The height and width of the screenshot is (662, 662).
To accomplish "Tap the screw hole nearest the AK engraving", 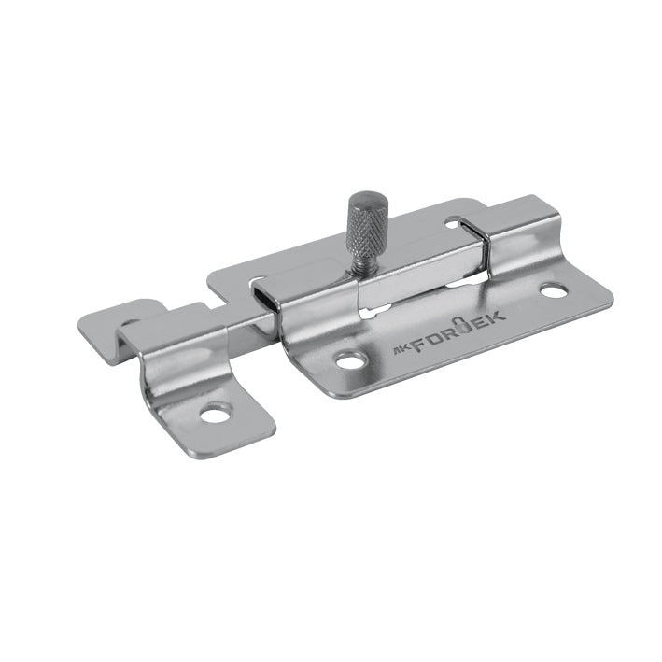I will pyautogui.click(x=351, y=359).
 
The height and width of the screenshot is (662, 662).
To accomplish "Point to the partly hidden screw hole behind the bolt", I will pyautogui.click(x=454, y=222).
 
